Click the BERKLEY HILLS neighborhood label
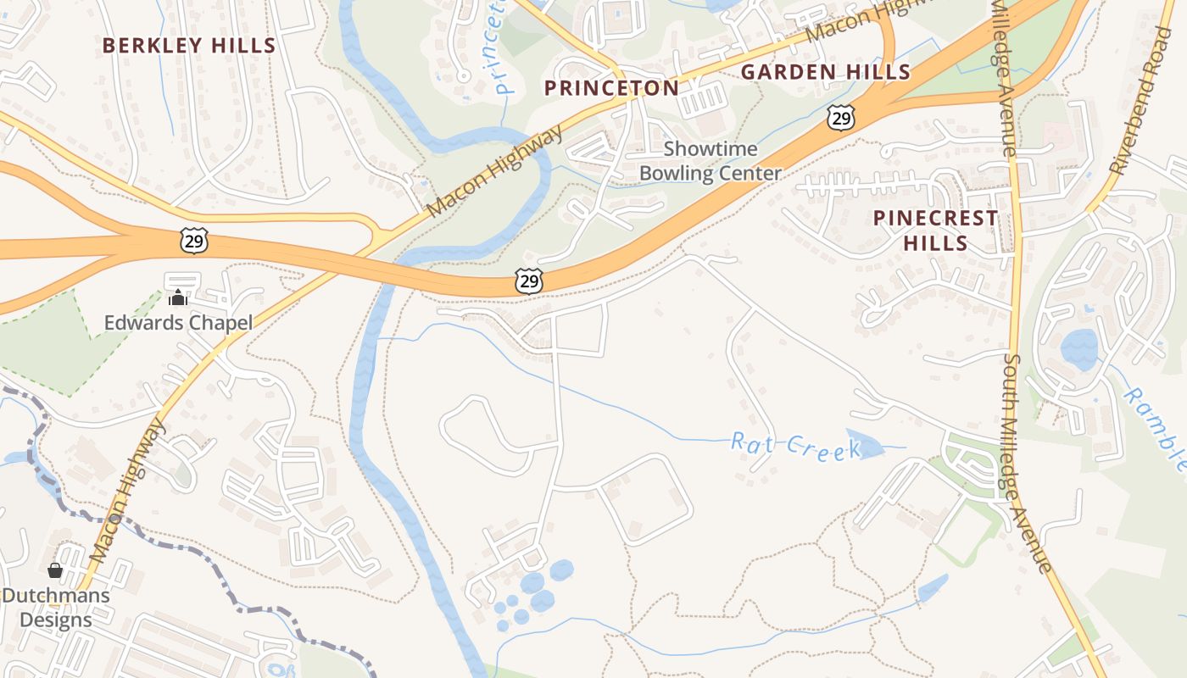tap(189, 46)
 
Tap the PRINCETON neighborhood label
tap(611, 88)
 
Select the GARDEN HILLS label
tap(825, 72)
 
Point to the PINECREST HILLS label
tap(935, 231)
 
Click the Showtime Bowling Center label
tap(710, 161)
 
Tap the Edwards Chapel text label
tap(178, 323)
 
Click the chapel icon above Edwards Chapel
tap(178, 297)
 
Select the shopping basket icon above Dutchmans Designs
tap(55, 570)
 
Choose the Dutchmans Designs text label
tap(56, 608)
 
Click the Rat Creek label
tap(795, 445)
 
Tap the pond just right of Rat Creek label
tap(865, 444)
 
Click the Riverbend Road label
tap(1145, 102)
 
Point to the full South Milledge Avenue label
tap(1027, 463)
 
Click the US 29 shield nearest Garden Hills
tap(840, 118)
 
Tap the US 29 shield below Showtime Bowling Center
tap(530, 281)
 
